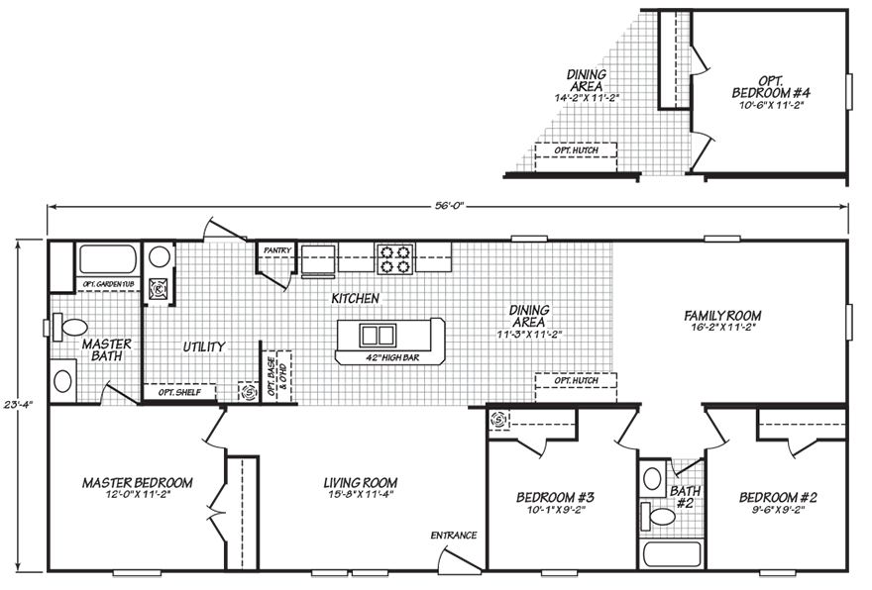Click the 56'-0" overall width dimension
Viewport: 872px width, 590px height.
(449, 206)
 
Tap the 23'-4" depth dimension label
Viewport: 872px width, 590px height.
(12, 404)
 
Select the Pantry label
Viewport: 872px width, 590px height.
(276, 250)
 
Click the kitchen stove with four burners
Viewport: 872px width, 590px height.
(393, 257)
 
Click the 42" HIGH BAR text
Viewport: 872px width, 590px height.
(386, 357)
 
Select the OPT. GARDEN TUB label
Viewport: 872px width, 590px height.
(108, 284)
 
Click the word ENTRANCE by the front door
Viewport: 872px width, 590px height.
(454, 536)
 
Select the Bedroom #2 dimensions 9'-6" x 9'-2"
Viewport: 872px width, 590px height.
(778, 512)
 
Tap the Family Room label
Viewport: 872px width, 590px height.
(722, 316)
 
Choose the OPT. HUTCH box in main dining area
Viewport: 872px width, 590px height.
(576, 380)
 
